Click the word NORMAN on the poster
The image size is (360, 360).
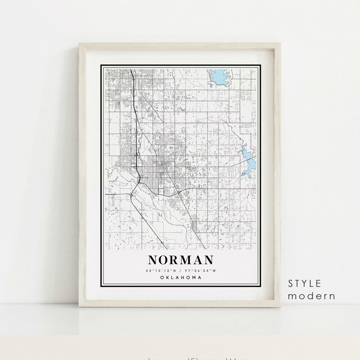(180, 261)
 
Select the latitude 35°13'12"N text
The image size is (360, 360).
(161, 270)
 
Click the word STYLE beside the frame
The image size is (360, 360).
(306, 283)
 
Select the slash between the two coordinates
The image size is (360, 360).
(180, 270)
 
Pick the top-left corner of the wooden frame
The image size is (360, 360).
(80, 44)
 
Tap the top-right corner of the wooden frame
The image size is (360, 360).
(281, 44)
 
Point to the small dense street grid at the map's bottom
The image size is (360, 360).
(193, 225)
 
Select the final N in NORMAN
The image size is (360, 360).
(208, 261)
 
